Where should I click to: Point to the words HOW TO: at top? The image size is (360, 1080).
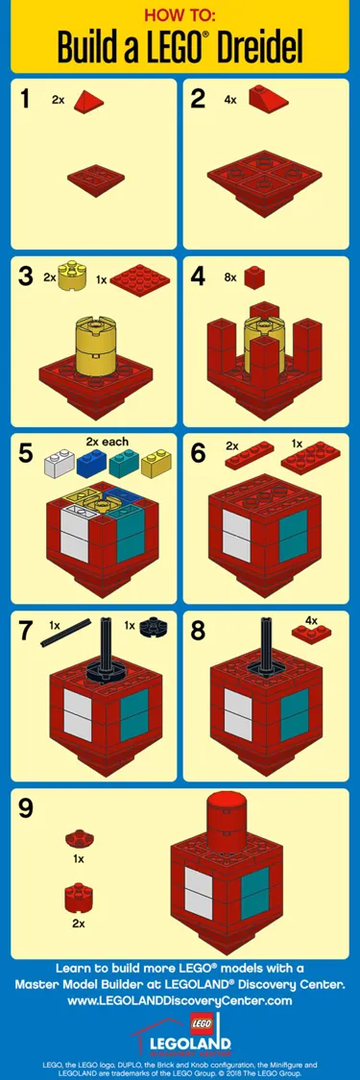click(x=180, y=15)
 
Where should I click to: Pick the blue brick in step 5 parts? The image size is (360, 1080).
click(x=93, y=466)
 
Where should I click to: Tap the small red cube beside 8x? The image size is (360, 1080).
click(x=254, y=277)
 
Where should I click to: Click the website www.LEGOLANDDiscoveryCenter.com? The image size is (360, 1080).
click(x=180, y=1000)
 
